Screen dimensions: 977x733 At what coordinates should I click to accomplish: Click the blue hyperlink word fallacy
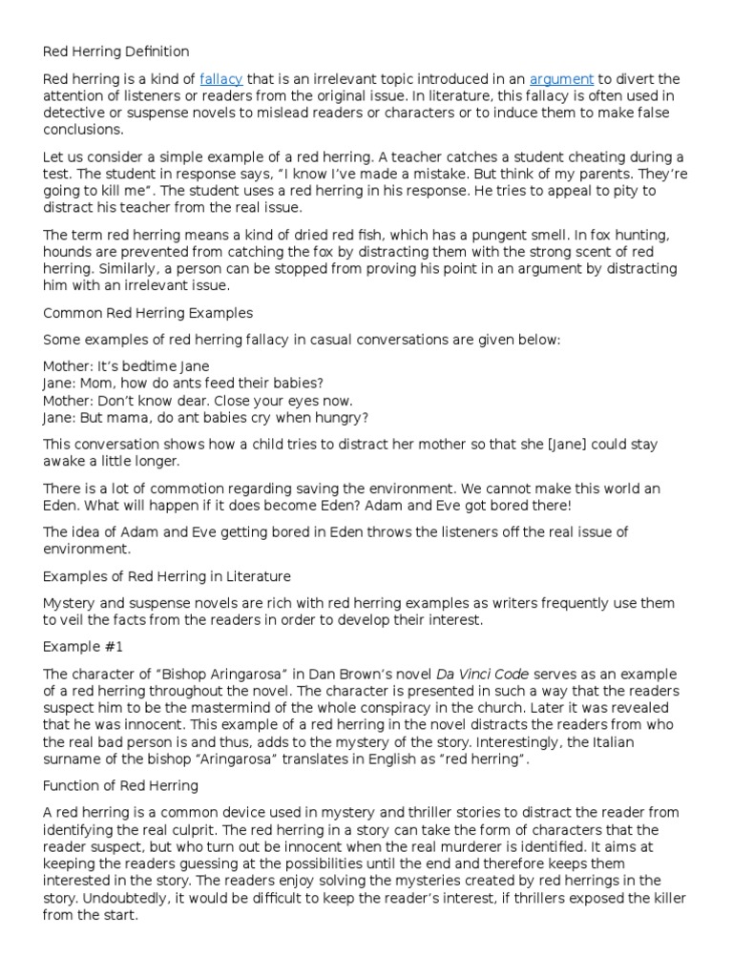click(221, 79)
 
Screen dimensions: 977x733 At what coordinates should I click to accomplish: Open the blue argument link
click(562, 79)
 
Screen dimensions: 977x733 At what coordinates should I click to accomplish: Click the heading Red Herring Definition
click(116, 52)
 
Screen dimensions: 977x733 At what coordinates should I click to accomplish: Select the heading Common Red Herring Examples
click(148, 312)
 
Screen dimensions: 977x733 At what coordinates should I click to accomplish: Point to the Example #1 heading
click(84, 646)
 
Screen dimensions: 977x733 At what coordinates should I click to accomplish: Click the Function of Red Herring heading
click(120, 785)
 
